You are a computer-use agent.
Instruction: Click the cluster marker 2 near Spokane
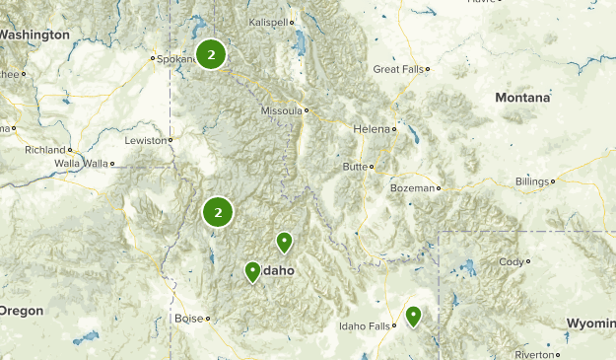tap(211, 55)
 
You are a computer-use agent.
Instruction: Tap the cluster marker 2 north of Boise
tap(218, 211)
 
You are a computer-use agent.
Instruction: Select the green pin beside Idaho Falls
tap(413, 317)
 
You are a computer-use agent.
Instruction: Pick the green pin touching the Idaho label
tap(252, 271)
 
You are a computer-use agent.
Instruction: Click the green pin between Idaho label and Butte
tap(284, 242)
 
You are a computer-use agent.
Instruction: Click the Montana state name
tap(521, 98)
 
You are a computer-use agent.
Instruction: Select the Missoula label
tap(282, 110)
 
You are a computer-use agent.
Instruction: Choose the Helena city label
tap(372, 129)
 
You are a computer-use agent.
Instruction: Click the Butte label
tap(354, 167)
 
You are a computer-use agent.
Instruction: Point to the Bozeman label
tap(411, 187)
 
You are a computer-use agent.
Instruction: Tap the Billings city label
tap(534, 181)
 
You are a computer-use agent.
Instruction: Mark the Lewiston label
tap(146, 140)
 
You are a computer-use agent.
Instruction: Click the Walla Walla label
tap(81, 163)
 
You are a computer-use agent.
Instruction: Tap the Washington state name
tap(34, 35)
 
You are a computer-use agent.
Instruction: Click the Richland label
tap(45, 150)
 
